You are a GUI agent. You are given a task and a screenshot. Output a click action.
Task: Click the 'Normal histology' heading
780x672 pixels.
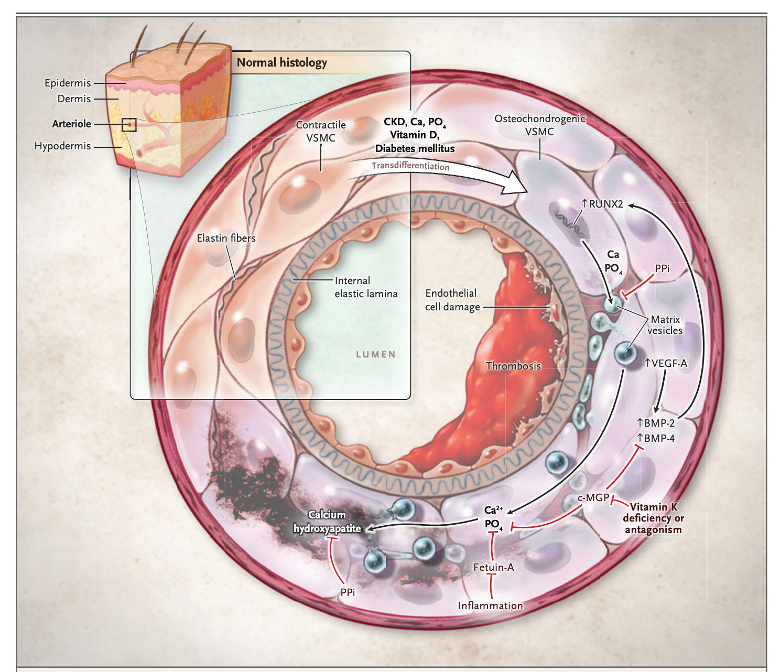pos(281,63)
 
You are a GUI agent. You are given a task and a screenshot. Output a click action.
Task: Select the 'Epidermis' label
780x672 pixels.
pos(68,83)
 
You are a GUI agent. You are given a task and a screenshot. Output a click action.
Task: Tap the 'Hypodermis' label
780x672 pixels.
pos(62,146)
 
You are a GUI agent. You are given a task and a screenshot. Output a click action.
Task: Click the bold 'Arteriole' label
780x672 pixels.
pos(72,124)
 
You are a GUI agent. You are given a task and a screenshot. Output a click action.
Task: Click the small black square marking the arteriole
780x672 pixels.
pos(129,125)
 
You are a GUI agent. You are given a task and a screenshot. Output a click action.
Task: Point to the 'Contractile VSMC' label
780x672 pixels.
pos(321,132)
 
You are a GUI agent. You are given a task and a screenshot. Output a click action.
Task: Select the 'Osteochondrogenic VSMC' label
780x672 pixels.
pos(539,125)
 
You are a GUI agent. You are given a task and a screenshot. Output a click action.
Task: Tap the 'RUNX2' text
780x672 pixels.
pos(605,204)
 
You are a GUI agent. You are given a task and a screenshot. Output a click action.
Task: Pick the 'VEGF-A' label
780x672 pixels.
pos(665,363)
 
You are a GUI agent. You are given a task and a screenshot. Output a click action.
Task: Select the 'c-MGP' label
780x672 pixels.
pos(593,497)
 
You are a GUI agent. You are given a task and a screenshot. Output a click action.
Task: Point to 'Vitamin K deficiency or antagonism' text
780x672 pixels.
pos(653,518)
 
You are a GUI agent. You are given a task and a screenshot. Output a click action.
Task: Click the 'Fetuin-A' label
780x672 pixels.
pos(493,567)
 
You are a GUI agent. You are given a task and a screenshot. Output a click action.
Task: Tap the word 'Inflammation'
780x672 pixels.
pos(490,605)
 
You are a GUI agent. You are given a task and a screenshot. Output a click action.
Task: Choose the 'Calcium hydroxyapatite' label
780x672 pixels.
pos(327,522)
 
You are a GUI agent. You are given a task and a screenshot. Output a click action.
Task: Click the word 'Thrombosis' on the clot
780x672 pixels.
pos(513,366)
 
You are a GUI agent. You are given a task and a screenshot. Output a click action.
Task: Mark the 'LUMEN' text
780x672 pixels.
pos(376,354)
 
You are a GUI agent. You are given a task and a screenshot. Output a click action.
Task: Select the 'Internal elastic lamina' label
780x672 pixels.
pos(365,287)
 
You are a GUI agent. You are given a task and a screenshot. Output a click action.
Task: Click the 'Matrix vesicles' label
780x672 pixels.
pos(665,325)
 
